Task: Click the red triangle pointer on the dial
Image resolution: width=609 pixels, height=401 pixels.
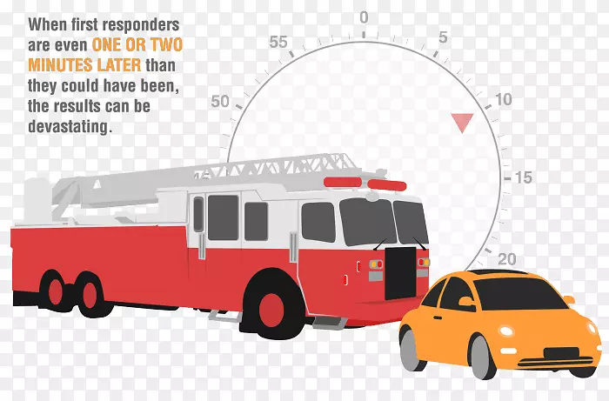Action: tap(462, 122)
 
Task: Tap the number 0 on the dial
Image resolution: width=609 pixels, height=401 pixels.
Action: tap(364, 17)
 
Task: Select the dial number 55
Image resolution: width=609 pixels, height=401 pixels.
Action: tap(278, 42)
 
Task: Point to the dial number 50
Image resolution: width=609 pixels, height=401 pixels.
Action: tap(220, 101)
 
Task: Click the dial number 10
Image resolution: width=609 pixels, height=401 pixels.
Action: tap(503, 99)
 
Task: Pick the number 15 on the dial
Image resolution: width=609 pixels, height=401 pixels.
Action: tap(523, 177)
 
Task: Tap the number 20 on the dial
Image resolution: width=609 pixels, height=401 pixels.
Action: tap(507, 259)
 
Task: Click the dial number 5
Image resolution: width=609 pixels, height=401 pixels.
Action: tap(443, 37)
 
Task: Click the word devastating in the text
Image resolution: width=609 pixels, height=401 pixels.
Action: tap(70, 126)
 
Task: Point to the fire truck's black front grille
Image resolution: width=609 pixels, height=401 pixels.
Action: tap(400, 273)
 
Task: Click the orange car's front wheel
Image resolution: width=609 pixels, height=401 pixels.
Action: tap(483, 357)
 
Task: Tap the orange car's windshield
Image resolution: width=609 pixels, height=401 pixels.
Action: tap(516, 294)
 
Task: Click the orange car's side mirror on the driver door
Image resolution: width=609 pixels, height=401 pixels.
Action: tap(466, 301)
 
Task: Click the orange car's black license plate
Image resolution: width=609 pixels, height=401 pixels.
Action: tap(562, 354)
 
